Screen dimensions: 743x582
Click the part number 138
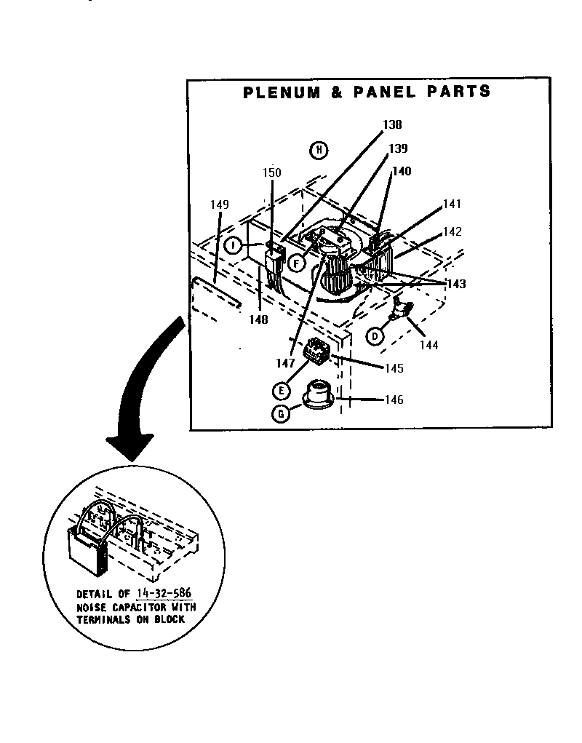392,124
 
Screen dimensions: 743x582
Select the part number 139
397,148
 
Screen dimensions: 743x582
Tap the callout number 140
402,172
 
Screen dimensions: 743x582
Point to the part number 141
451,204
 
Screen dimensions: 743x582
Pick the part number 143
456,284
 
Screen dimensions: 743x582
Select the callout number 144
428,346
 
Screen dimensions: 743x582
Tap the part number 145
393,368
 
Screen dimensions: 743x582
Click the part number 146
393,400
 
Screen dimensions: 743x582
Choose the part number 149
220,204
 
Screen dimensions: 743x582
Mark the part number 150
271,172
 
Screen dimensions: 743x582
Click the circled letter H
318,151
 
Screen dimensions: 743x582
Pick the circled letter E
281,391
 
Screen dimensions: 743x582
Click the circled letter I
233,245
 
